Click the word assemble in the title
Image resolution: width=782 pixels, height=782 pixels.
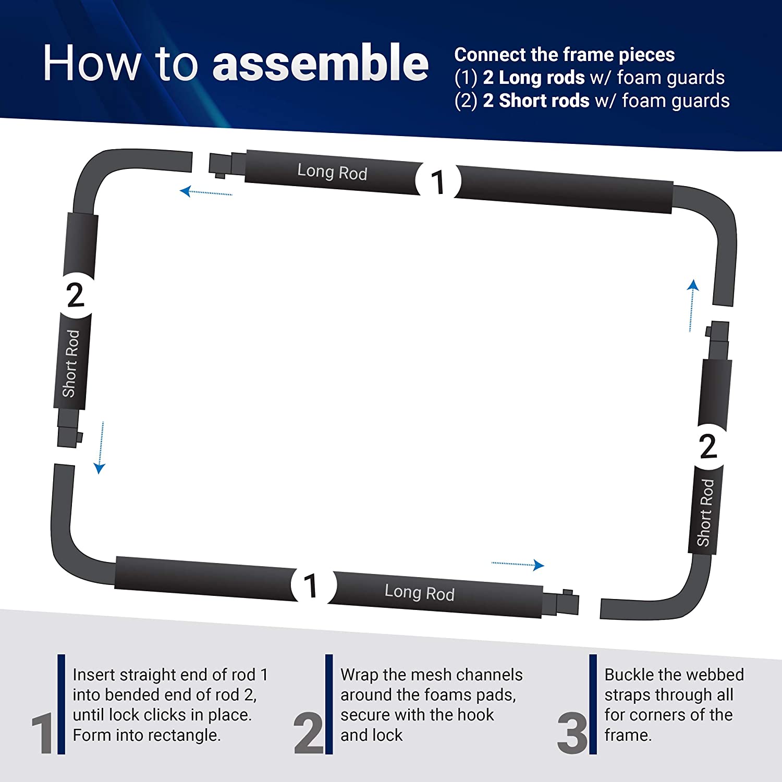(x=321, y=63)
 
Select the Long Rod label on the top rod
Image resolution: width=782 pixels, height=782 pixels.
(x=332, y=172)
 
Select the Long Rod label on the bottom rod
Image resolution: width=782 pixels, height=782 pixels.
(x=420, y=592)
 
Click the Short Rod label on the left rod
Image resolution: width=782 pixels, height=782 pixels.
(x=71, y=363)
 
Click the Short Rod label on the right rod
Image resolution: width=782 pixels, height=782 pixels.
(x=705, y=512)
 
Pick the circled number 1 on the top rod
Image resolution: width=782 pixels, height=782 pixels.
(x=438, y=182)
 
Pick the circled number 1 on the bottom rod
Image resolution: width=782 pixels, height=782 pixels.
(x=311, y=585)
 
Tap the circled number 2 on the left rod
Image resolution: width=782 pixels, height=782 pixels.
(x=76, y=295)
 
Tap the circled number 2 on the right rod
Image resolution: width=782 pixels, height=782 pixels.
(x=707, y=446)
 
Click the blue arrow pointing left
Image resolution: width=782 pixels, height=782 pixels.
(x=206, y=192)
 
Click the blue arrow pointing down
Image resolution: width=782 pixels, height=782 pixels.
(x=100, y=448)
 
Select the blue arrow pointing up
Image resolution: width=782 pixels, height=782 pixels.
(x=692, y=306)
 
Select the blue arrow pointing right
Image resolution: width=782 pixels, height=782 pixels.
(x=518, y=565)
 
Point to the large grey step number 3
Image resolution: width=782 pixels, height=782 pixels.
(x=572, y=733)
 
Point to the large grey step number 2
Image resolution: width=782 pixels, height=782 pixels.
(x=308, y=733)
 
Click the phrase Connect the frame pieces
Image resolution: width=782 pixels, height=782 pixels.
(x=565, y=55)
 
